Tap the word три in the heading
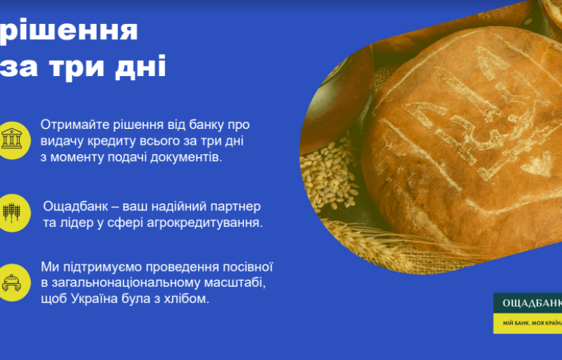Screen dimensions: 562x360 tap(77, 66)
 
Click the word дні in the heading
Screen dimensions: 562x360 tap(140, 66)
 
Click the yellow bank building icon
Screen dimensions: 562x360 tap(12, 140)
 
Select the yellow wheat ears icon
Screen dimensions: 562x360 tap(12, 213)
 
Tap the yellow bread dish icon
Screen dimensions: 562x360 tap(12, 283)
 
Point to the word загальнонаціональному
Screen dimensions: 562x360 tap(126, 283)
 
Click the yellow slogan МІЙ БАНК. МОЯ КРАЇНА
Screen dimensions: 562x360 tap(533, 323)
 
